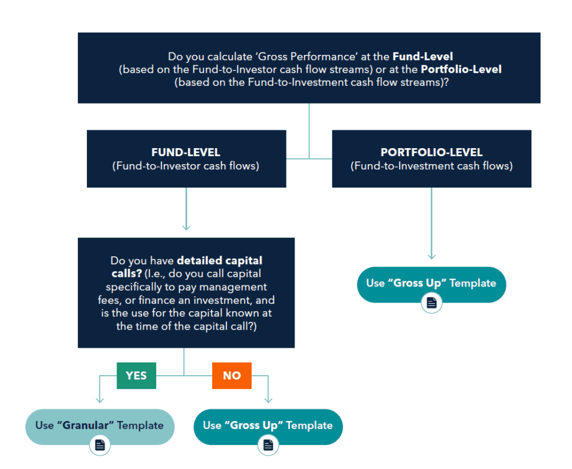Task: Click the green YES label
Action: [x=136, y=376]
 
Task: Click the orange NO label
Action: [x=232, y=376]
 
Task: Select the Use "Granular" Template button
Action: [x=100, y=426]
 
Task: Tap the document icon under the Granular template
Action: [x=100, y=445]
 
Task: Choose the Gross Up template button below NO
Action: [x=268, y=426]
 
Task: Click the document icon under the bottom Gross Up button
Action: [x=268, y=445]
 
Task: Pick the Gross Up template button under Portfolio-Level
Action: [x=431, y=283]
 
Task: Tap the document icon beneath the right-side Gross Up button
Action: [x=431, y=303]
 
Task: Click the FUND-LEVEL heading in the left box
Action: [x=186, y=153]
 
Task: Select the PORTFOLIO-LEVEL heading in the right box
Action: [x=431, y=153]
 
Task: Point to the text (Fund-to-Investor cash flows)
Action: [x=186, y=166]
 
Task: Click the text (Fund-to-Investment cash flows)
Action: [x=431, y=166]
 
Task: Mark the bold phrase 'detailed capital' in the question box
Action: [x=220, y=261]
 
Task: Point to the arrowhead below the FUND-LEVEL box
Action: [x=186, y=227]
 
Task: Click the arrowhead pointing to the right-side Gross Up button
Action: [x=431, y=256]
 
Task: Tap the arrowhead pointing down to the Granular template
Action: [x=100, y=399]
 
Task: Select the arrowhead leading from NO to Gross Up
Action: [x=268, y=399]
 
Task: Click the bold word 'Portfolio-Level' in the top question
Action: [x=461, y=69]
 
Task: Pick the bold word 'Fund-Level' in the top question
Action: [x=423, y=57]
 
